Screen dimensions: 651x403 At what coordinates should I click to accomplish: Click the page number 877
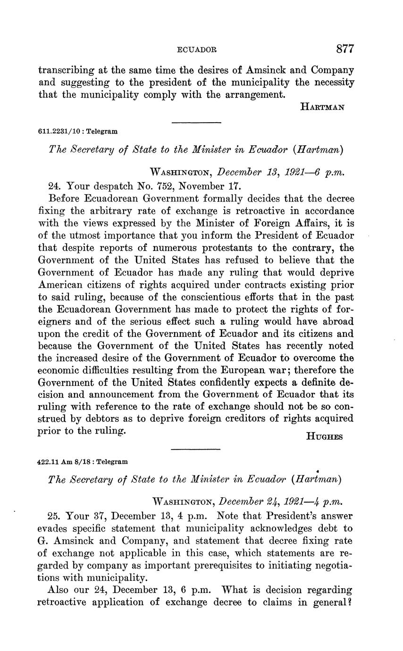coord(345,49)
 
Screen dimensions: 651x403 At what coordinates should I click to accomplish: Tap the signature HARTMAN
coord(322,107)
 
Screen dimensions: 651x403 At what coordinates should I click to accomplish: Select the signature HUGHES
coord(324,437)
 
